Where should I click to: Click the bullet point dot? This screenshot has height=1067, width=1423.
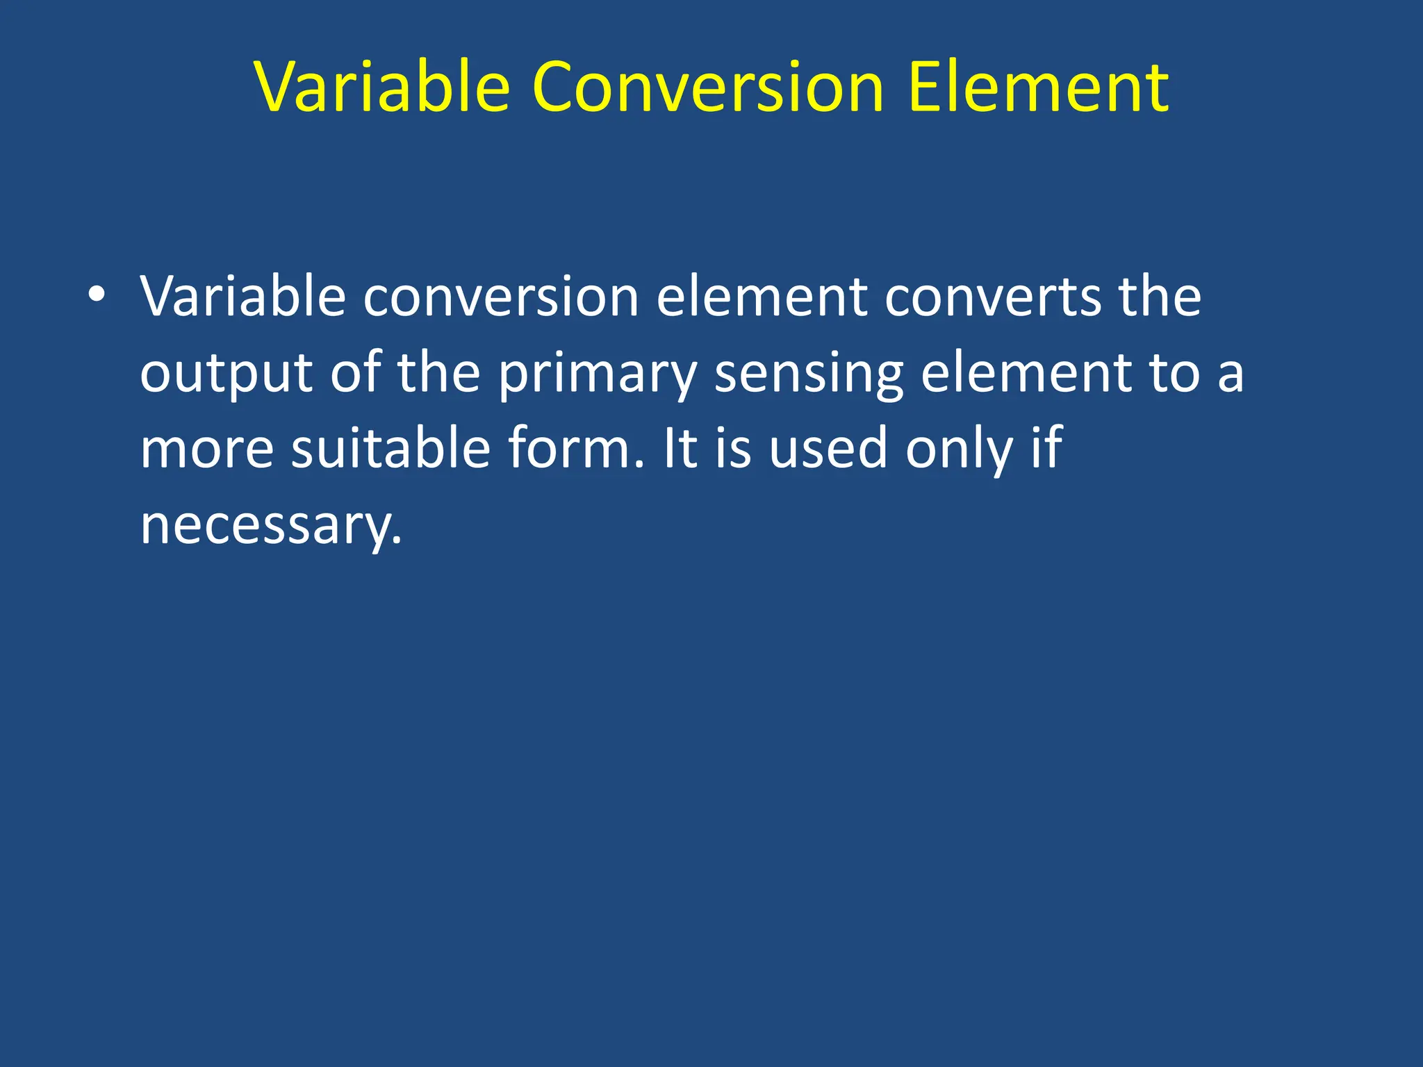point(97,295)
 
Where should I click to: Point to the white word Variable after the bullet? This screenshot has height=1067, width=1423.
point(242,297)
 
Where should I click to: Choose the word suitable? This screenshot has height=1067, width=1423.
point(390,449)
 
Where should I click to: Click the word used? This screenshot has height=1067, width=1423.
point(828,449)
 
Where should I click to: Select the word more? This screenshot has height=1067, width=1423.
point(207,450)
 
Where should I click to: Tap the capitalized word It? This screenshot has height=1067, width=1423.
point(680,449)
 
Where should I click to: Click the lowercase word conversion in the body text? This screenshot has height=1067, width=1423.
point(500,297)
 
